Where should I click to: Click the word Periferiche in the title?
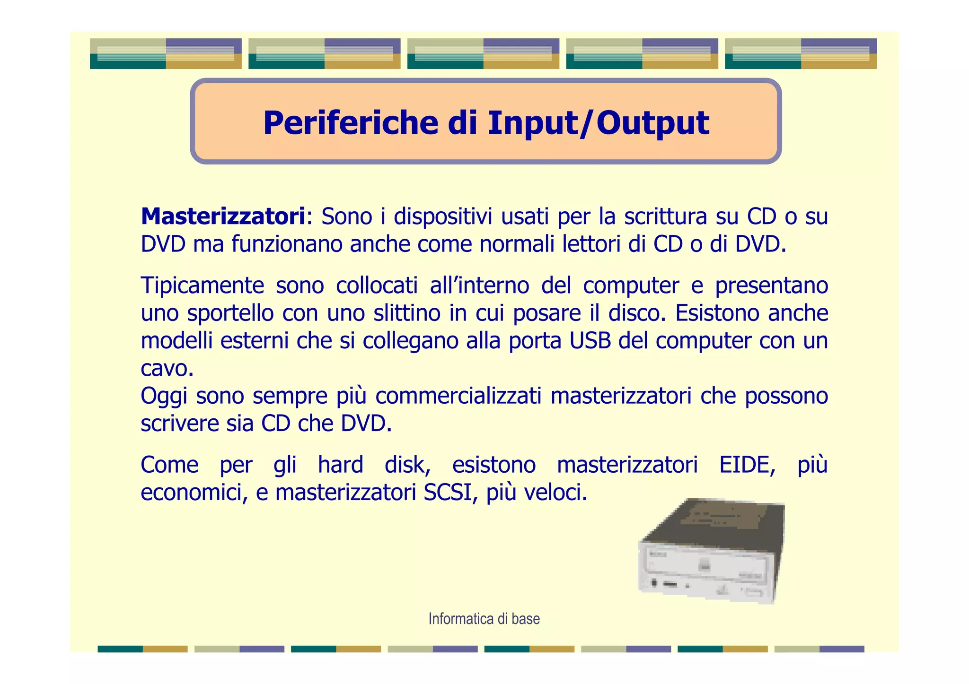[x=351, y=123]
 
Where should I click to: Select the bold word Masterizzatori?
[x=223, y=216]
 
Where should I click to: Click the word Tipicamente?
[x=203, y=286]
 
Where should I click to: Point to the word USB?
[x=590, y=341]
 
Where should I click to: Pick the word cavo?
[x=167, y=368]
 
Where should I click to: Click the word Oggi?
[x=164, y=396]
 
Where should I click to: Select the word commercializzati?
[x=458, y=396]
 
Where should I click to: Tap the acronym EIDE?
[x=747, y=465]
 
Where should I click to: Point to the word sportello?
[x=230, y=313]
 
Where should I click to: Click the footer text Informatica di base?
[x=484, y=619]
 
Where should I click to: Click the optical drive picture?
[x=710, y=551]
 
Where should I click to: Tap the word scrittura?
[x=666, y=216]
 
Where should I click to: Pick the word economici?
[x=194, y=493]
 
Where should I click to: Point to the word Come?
[x=169, y=465]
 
